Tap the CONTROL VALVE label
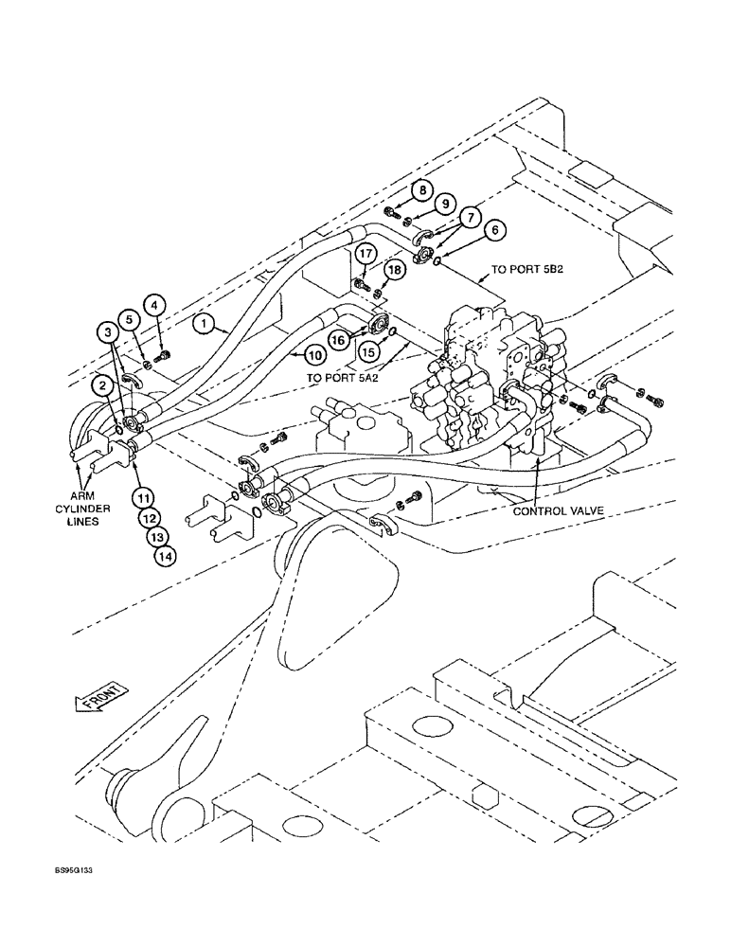pos(559,511)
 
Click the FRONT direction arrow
pos(98,703)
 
